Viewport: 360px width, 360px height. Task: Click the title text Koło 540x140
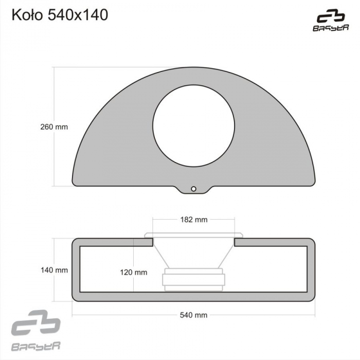click(60, 15)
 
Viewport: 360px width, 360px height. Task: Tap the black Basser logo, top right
click(331, 20)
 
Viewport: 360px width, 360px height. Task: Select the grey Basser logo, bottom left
click(36, 330)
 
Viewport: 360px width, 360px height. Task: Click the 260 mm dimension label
click(54, 127)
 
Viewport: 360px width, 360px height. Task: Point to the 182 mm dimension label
click(194, 220)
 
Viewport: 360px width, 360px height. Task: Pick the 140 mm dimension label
click(54, 270)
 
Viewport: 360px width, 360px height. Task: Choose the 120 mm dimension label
click(134, 272)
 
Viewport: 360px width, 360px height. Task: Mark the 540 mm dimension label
click(193, 315)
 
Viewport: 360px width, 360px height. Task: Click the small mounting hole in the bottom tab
click(193, 189)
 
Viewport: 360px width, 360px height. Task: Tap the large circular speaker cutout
click(193, 126)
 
